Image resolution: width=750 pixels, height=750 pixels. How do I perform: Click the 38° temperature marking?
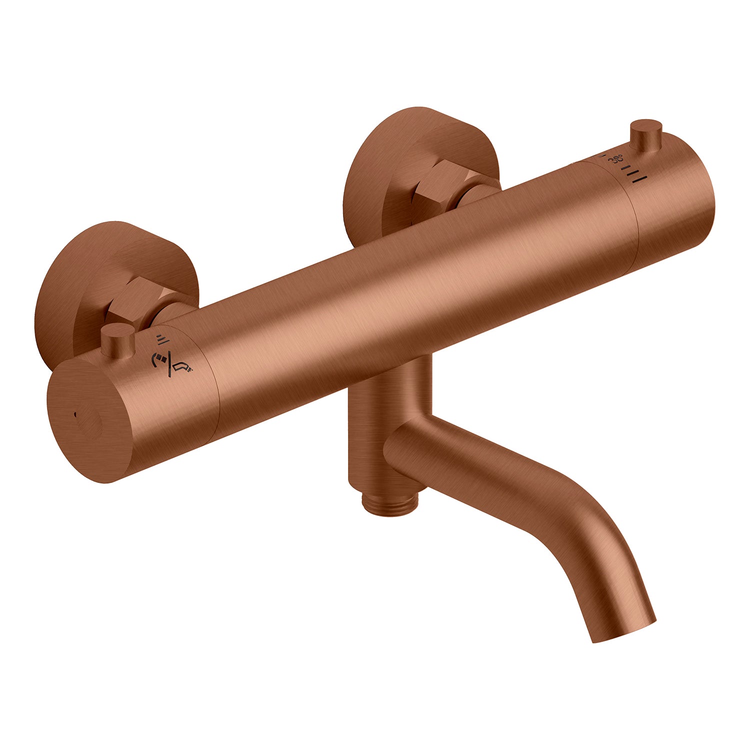tap(616, 159)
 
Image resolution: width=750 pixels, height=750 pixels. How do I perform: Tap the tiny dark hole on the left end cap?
tap(75, 414)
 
